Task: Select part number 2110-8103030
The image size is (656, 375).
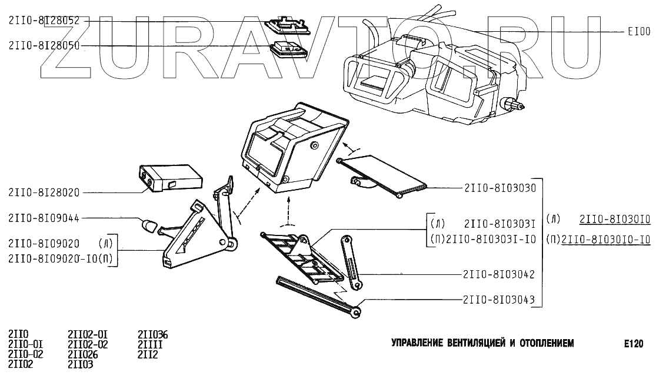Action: coord(500,188)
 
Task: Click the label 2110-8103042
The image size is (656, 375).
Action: coord(500,274)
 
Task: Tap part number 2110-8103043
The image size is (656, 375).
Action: coord(500,300)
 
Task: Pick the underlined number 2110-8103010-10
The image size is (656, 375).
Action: coord(606,239)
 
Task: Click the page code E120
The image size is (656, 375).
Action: coord(635,343)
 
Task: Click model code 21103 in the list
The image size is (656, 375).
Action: coord(81,364)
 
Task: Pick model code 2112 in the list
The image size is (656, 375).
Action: coord(148,354)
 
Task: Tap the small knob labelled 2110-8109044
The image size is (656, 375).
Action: coord(148,225)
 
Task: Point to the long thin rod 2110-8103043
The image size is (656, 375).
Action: coord(318,297)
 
